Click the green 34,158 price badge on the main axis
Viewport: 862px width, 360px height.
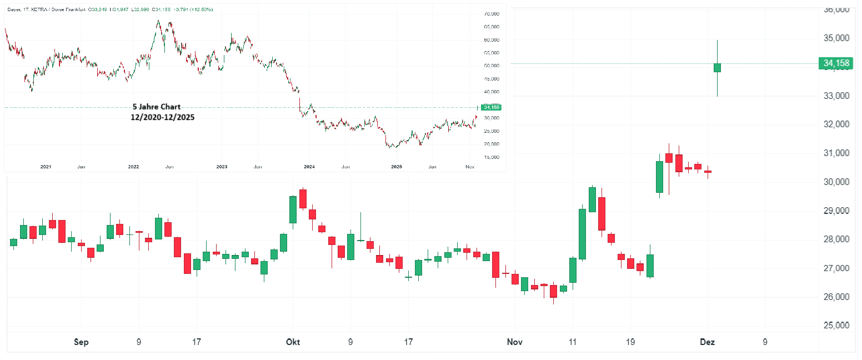(x=836, y=63)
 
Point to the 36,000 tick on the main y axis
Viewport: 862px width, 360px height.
(x=837, y=9)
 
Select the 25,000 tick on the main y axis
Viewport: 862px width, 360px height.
(x=837, y=326)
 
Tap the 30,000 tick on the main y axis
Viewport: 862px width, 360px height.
(x=837, y=182)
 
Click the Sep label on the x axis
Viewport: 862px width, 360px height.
(x=82, y=342)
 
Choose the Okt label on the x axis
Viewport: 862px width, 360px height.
(x=292, y=342)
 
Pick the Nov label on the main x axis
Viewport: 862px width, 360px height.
(x=514, y=342)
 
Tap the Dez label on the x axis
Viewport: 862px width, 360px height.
(x=708, y=342)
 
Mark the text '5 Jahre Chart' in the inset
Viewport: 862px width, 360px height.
(x=156, y=107)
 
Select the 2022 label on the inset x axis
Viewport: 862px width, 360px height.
(x=133, y=167)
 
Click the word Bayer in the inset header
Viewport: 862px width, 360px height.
(x=14, y=9)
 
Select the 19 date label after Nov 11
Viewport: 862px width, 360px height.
(x=630, y=342)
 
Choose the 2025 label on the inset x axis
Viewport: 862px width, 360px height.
(x=397, y=167)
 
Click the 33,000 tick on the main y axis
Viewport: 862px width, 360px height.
(x=837, y=96)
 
